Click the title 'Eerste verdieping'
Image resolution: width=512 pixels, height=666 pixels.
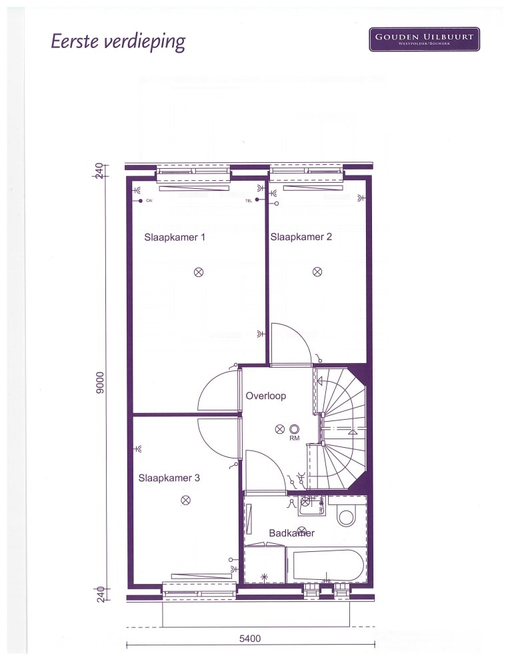click(x=118, y=42)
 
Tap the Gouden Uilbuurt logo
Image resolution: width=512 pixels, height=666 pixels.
click(x=424, y=39)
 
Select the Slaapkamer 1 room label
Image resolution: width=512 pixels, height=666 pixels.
click(x=175, y=237)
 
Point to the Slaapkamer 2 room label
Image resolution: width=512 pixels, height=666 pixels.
click(x=301, y=237)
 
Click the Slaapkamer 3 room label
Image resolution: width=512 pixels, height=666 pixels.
click(x=169, y=478)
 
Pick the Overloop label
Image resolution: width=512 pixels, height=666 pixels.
click(x=266, y=396)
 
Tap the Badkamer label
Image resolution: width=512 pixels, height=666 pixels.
click(x=292, y=533)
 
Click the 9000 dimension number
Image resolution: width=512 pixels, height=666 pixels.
click(x=100, y=382)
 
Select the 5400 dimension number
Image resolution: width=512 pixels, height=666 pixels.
click(x=250, y=639)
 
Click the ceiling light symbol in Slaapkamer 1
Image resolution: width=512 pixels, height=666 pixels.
click(x=199, y=272)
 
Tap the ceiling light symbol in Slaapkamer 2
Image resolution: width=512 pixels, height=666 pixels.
click(x=317, y=272)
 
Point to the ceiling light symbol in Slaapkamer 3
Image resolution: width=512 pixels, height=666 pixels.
click(x=185, y=501)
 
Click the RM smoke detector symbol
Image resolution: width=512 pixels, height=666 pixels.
click(x=295, y=429)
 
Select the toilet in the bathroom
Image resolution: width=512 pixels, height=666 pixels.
click(x=347, y=515)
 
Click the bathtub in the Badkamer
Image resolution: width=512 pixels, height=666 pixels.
click(x=326, y=565)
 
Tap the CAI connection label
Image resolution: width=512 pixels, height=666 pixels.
click(x=149, y=200)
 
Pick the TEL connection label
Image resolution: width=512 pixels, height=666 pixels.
click(x=249, y=200)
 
